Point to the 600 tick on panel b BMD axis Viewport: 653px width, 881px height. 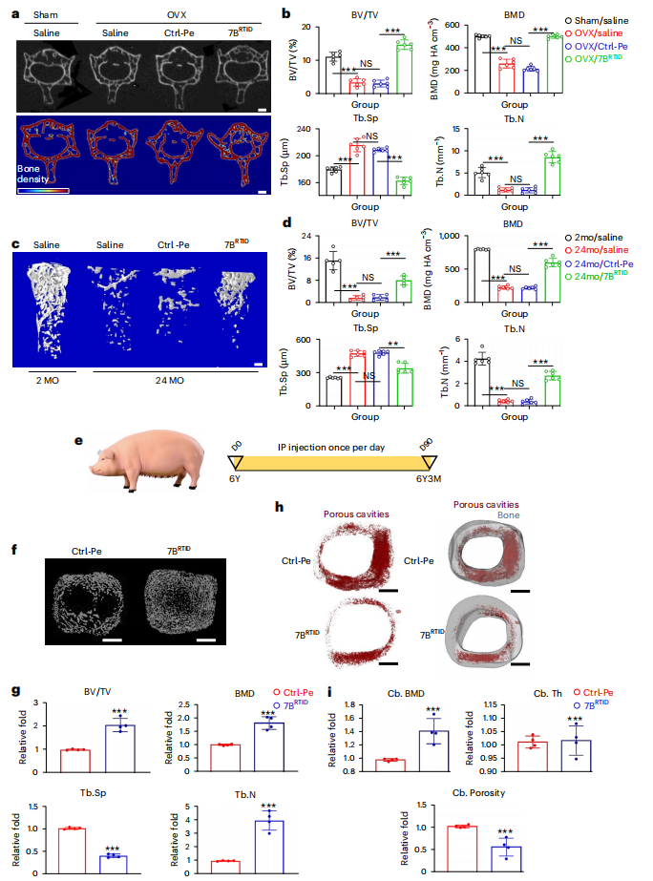(x=453, y=25)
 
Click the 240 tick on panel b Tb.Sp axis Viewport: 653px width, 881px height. (x=304, y=129)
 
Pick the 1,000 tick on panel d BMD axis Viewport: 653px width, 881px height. (x=450, y=236)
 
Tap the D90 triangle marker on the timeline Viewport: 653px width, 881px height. (x=430, y=462)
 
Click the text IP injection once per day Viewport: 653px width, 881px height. (x=331, y=448)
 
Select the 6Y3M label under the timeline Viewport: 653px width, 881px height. (x=429, y=479)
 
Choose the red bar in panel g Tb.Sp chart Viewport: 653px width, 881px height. (x=72, y=850)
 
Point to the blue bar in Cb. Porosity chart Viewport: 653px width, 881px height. (x=506, y=859)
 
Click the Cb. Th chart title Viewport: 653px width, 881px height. (x=547, y=693)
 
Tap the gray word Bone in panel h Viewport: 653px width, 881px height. (x=508, y=515)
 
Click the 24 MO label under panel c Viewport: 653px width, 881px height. (x=170, y=381)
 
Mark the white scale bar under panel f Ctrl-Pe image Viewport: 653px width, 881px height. (x=113, y=640)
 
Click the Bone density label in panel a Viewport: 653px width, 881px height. (x=32, y=174)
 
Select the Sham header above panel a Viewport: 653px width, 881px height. (x=46, y=14)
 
